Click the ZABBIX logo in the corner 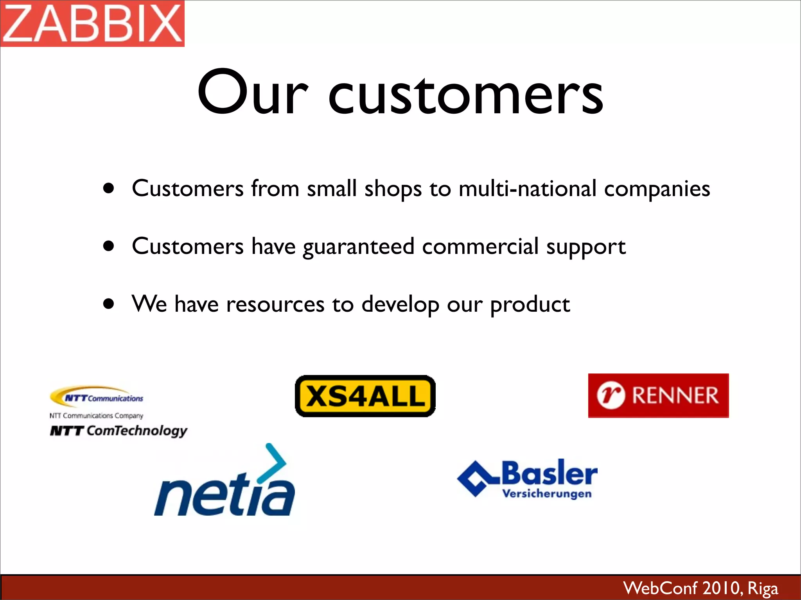point(92,23)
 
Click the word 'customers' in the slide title point(465,94)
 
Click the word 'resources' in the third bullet point(275,305)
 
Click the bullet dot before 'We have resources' point(109,304)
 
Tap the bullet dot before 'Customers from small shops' point(109,188)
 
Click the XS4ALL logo point(365,396)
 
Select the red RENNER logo point(658,395)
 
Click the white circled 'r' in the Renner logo point(611,395)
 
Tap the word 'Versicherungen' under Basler point(547,494)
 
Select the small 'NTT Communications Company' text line point(96,416)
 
